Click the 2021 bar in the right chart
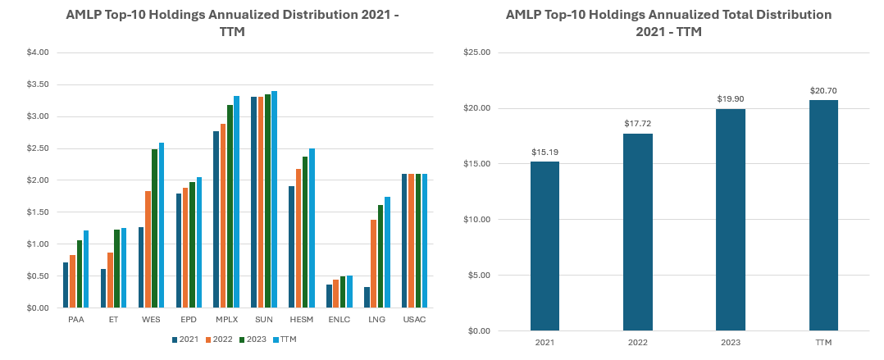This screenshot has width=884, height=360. click(x=545, y=246)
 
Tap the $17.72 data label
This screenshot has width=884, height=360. click(x=637, y=123)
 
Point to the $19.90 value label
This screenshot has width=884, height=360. click(x=730, y=99)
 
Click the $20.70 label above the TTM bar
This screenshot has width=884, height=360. click(x=823, y=90)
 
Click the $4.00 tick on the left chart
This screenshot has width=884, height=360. click(x=38, y=52)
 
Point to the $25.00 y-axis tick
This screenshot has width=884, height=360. click(x=477, y=52)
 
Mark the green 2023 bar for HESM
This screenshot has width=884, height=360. click(x=305, y=232)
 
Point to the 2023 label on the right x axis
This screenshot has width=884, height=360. click(x=730, y=341)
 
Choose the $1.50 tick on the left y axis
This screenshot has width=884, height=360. click(x=38, y=212)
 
